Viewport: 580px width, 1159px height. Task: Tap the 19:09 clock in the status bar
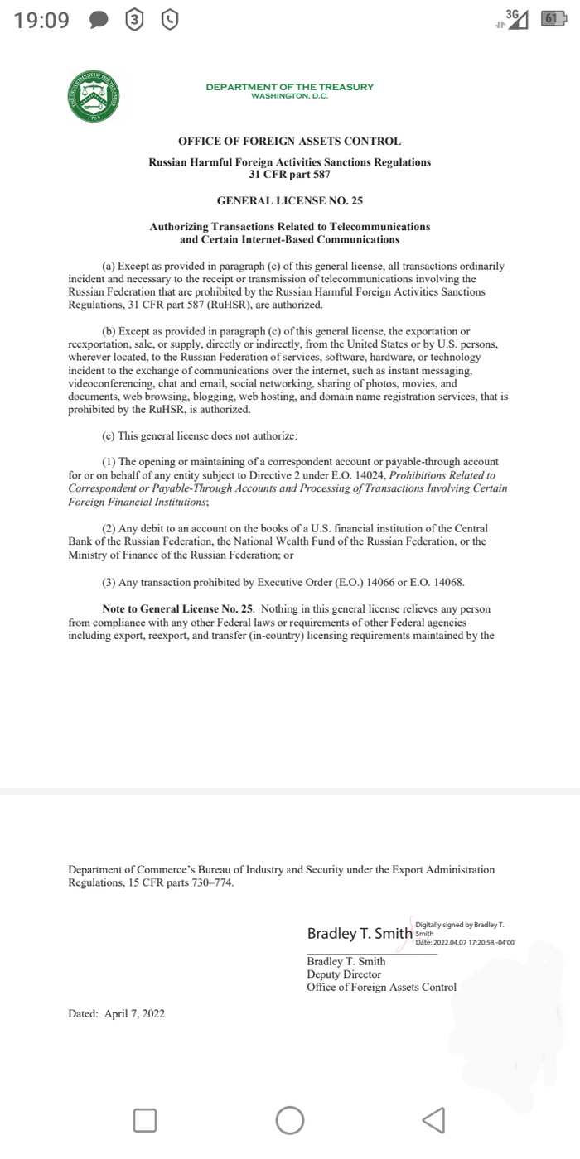tap(41, 20)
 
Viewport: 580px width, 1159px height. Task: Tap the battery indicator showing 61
tap(551, 19)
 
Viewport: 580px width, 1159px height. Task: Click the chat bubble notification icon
tap(98, 20)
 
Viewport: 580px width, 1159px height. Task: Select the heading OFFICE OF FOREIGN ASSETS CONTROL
tap(289, 142)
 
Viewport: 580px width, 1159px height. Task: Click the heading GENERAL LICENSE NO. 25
tap(289, 200)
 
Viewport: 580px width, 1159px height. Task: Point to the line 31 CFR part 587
tap(289, 174)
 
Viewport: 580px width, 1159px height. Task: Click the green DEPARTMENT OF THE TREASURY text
tap(289, 87)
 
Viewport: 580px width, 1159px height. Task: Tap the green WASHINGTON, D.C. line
tap(289, 96)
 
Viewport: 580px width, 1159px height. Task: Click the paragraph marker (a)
tap(109, 267)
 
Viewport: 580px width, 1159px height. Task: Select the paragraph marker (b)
tap(109, 332)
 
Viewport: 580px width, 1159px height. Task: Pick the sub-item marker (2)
tap(109, 528)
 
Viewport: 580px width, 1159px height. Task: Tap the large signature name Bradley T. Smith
tap(360, 934)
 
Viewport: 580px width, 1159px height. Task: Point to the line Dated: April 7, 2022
tap(116, 1013)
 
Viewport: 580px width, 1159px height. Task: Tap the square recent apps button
tap(145, 1120)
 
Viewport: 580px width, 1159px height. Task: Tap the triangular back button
tap(433, 1120)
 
